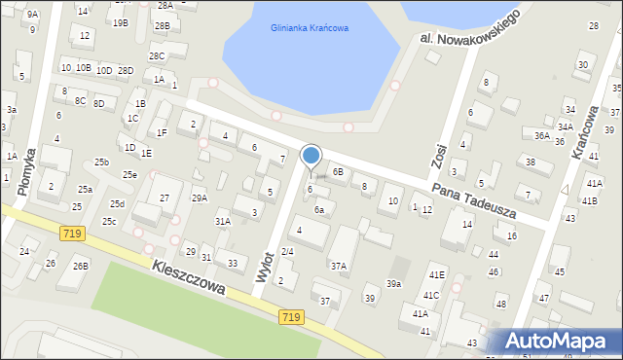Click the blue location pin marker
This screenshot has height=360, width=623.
(311, 157)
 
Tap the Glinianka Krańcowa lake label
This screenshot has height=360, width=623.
(310, 28)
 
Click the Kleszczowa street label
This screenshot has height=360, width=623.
(189, 275)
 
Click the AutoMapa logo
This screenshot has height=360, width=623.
(554, 340)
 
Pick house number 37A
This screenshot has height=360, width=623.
(338, 266)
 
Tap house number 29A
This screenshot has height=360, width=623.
(199, 198)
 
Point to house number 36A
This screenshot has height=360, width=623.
(542, 136)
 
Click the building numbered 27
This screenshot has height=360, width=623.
(165, 198)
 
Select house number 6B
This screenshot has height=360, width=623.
(338, 171)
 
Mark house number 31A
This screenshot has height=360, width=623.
(223, 222)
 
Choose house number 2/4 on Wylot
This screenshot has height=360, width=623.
(287, 252)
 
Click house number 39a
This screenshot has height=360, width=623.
(393, 283)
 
